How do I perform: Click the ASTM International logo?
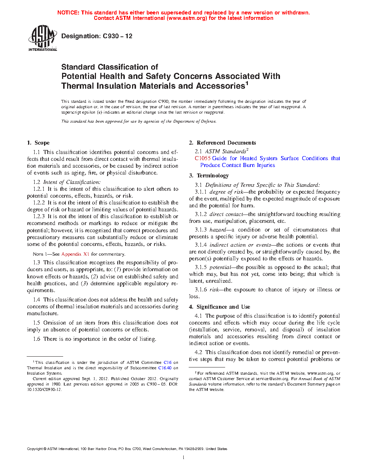(x=42, y=38)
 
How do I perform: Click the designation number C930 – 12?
(x=118, y=36)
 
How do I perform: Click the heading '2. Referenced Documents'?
(x=222, y=143)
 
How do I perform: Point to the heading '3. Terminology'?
(x=209, y=176)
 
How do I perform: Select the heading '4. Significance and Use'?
(x=219, y=307)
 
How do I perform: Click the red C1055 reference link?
(x=202, y=158)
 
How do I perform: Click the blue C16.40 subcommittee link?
(x=165, y=368)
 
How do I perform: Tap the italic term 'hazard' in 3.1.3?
(x=218, y=230)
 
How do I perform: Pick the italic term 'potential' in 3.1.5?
(x=220, y=267)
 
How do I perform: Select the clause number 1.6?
(x=36, y=339)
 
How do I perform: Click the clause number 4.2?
(x=198, y=352)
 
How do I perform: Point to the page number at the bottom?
(x=184, y=458)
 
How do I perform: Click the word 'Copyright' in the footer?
(x=35, y=449)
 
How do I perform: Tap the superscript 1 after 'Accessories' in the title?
(x=247, y=84)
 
